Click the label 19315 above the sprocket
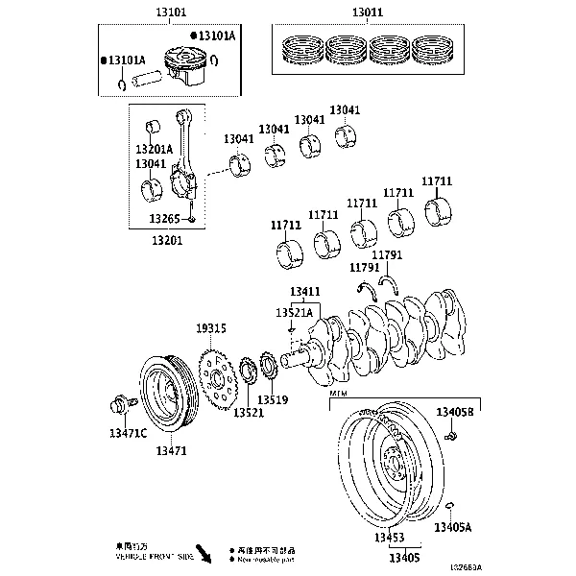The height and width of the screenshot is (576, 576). point(210,328)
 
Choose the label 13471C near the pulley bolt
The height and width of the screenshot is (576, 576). point(127,433)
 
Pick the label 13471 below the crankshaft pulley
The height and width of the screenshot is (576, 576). point(171,450)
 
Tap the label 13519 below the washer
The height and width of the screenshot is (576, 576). point(274,399)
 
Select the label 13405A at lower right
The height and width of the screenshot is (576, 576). point(453,527)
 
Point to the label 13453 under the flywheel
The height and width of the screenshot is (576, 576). point(389,539)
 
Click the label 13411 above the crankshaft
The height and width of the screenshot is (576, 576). point(305,291)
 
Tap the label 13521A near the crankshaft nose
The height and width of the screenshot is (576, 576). point(294,312)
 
